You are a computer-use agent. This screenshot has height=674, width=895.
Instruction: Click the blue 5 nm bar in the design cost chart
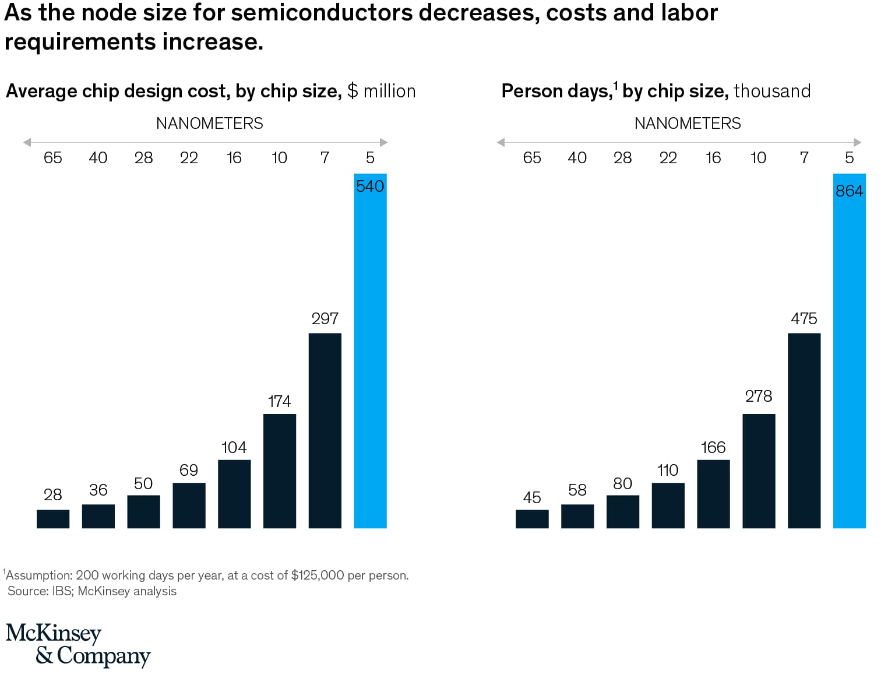pyautogui.click(x=370, y=361)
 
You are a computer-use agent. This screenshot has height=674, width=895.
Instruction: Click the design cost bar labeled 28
pyautogui.click(x=53, y=519)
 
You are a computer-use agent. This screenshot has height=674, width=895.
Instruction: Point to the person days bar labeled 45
pyautogui.click(x=532, y=519)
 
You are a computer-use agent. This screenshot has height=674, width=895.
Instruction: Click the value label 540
pyautogui.click(x=370, y=187)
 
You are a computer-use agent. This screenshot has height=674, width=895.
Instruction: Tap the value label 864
pyautogui.click(x=849, y=191)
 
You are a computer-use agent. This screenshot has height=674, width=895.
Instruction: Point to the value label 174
pyautogui.click(x=279, y=401)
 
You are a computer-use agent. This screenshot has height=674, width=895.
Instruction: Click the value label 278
pyautogui.click(x=758, y=396)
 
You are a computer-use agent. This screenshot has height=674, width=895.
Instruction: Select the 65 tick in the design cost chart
pyautogui.click(x=53, y=157)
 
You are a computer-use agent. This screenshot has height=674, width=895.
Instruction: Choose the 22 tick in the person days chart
pyautogui.click(x=668, y=157)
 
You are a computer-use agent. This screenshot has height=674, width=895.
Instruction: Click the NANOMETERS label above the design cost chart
pyautogui.click(x=209, y=124)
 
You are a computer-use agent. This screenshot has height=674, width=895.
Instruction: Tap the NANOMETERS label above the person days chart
pyautogui.click(x=688, y=124)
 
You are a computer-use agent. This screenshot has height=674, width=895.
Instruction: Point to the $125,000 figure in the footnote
pyautogui.click(x=318, y=575)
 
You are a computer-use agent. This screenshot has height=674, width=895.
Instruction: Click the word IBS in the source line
pyautogui.click(x=62, y=591)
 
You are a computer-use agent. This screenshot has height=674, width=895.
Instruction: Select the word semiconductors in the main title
pyautogui.click(x=322, y=13)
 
